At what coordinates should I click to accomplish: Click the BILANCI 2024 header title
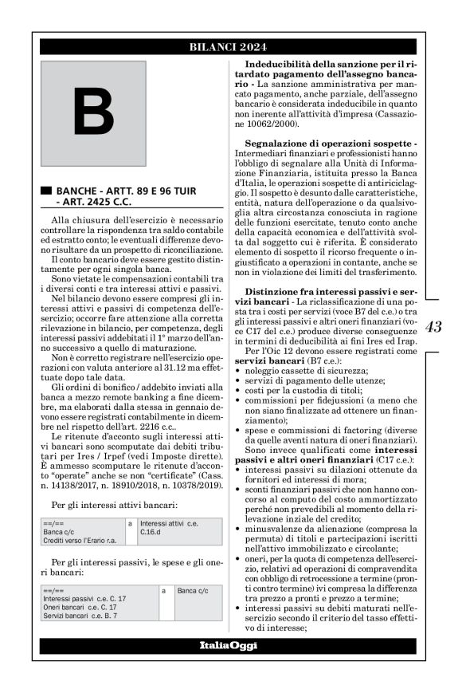[228, 47]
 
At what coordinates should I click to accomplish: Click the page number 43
[433, 326]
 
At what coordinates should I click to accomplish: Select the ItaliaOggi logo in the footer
[228, 645]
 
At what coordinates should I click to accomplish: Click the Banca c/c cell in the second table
[191, 591]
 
